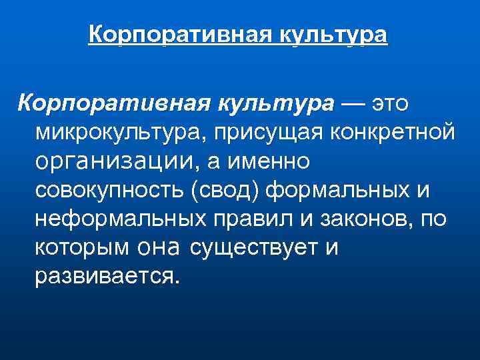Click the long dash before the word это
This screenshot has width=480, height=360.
[353, 103]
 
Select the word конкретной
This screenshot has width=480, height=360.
[400, 133]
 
